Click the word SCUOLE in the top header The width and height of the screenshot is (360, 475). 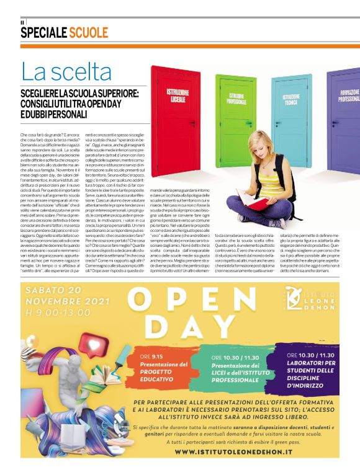tap(88, 33)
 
